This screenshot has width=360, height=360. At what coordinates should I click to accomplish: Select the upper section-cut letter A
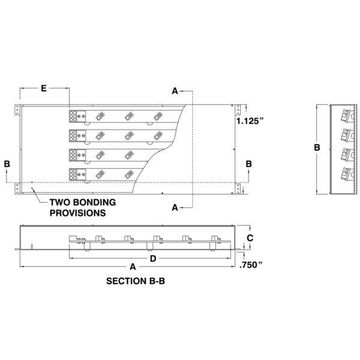tap(175, 91)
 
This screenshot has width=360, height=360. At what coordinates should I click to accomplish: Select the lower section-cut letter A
tap(175, 208)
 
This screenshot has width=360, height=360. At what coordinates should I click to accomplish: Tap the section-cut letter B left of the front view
tap(6, 163)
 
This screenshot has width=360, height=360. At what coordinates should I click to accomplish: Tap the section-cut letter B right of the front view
tap(248, 163)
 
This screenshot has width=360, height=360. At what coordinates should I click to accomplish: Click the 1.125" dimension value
tap(250, 121)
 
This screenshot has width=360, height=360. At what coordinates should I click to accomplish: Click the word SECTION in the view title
tap(125, 280)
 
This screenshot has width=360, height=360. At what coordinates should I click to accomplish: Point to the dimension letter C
tap(251, 238)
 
